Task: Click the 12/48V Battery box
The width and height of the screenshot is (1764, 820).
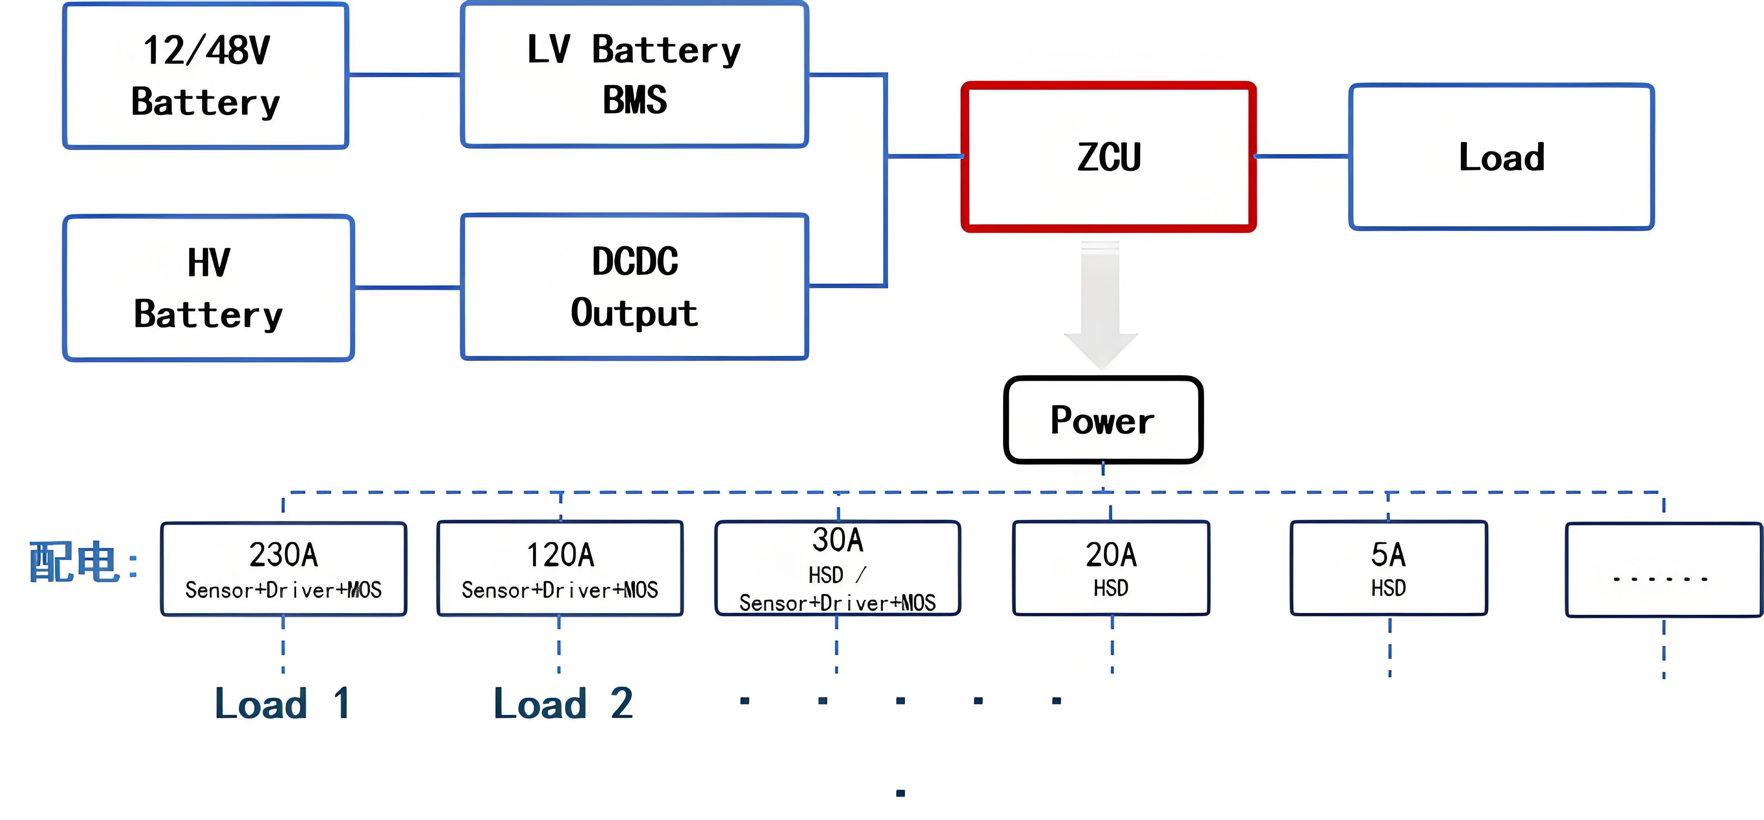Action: (205, 75)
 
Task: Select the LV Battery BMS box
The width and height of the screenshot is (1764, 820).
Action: (635, 74)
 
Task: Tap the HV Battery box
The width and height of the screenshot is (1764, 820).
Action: (208, 288)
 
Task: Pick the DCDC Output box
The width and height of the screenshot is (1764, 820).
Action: (635, 286)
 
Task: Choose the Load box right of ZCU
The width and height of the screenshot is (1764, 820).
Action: (1502, 157)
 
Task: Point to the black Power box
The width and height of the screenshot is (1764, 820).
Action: (1103, 420)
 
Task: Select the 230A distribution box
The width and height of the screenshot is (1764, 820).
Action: (284, 569)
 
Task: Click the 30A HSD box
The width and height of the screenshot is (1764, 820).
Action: (838, 568)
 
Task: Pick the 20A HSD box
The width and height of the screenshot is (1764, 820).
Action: (1111, 568)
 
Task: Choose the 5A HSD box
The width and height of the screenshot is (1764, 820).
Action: (1389, 568)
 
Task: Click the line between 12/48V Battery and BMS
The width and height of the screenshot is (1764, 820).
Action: (405, 75)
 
